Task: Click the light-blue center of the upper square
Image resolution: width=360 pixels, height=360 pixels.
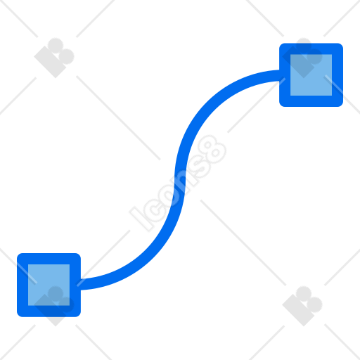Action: click(x=311, y=75)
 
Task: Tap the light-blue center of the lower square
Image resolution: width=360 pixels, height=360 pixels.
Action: click(x=49, y=285)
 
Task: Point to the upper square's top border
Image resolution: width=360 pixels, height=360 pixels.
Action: click(x=311, y=49)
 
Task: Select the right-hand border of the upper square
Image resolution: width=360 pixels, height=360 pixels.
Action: click(x=337, y=75)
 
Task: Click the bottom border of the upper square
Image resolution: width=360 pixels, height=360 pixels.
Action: click(x=311, y=101)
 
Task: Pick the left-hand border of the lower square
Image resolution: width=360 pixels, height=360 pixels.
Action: click(x=22, y=285)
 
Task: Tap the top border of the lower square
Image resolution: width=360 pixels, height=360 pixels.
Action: click(x=49, y=259)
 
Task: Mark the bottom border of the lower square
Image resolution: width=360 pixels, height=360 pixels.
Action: click(x=49, y=311)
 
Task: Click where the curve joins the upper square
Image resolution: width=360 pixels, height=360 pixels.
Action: click(x=279, y=75)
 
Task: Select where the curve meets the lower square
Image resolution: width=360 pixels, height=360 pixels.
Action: click(x=81, y=285)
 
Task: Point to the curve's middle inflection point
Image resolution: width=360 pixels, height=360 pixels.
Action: click(x=180, y=180)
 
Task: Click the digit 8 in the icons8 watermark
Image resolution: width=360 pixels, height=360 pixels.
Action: click(x=212, y=150)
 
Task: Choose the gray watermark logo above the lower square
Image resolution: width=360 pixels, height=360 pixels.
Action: click(x=54, y=58)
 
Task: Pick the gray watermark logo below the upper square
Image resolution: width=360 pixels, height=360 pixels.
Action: click(x=302, y=306)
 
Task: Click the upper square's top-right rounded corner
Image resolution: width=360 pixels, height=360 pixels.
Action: click(x=340, y=46)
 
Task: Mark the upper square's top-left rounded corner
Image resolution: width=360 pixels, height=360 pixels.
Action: click(x=282, y=46)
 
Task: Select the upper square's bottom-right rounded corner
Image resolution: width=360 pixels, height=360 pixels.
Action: click(x=340, y=104)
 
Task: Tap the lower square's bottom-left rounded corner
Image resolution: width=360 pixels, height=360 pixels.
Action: click(x=20, y=314)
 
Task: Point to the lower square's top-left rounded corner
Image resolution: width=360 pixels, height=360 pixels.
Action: click(x=20, y=256)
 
